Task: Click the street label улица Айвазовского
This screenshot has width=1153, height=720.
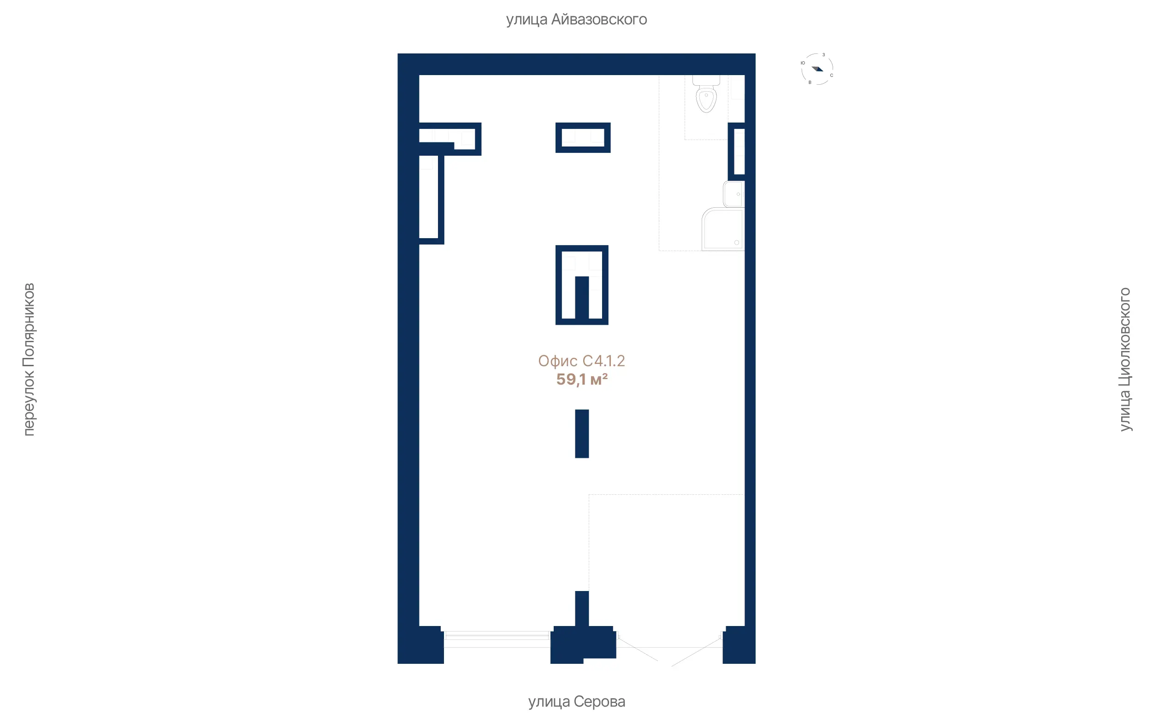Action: click(576, 19)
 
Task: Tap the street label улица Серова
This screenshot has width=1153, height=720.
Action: click(576, 702)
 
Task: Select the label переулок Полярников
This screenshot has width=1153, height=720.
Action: click(29, 359)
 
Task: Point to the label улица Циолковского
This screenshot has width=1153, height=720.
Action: click(1125, 359)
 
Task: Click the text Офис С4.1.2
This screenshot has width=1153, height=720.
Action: click(581, 361)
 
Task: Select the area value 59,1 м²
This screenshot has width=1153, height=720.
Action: click(582, 380)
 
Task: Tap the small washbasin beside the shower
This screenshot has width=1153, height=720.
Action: click(734, 194)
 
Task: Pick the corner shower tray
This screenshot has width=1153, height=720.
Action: click(723, 229)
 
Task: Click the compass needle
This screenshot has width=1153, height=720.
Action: click(817, 69)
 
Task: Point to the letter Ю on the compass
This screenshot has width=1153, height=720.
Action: click(803, 63)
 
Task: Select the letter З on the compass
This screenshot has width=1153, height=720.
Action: click(823, 55)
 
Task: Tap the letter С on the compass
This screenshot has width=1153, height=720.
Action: click(831, 75)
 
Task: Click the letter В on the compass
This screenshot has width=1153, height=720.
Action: click(810, 82)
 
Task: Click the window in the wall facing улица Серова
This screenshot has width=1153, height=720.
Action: click(497, 639)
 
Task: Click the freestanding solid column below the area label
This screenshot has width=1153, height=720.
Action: click(582, 434)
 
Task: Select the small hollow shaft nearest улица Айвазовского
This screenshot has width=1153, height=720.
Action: click(583, 138)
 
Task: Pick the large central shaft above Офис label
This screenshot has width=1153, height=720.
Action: click(582, 285)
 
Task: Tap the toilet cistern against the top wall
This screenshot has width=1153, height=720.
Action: click(706, 81)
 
